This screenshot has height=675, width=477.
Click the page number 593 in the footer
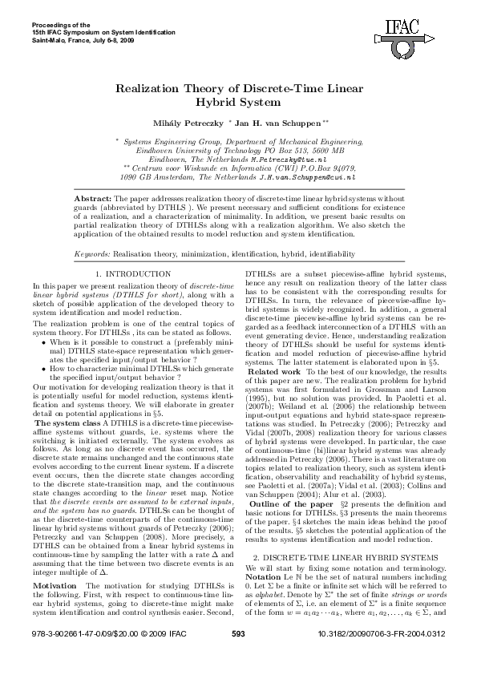coord(237,657)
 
